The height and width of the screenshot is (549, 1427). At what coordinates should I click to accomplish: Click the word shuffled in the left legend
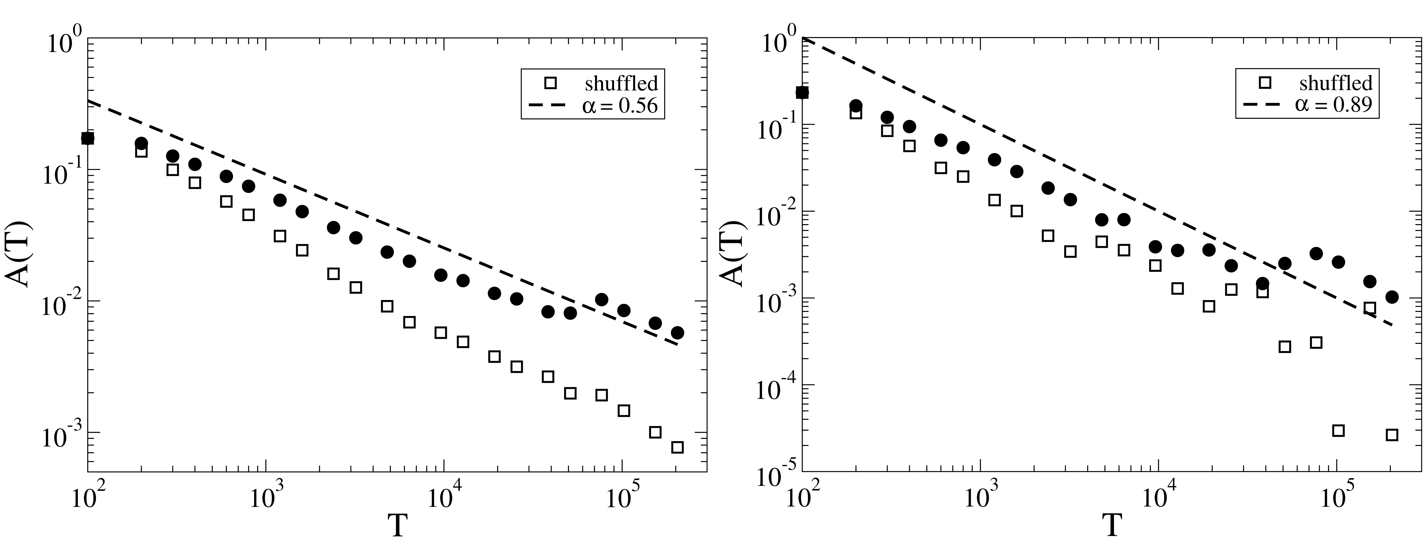click(x=622, y=83)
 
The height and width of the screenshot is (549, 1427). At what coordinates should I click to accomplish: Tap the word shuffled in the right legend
click(x=1336, y=83)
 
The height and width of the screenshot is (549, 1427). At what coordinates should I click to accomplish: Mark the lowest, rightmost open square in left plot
click(x=677, y=447)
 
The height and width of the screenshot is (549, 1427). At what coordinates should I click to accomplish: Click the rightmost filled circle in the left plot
click(x=677, y=333)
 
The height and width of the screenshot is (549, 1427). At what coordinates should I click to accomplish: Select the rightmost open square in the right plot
click(x=1392, y=435)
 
